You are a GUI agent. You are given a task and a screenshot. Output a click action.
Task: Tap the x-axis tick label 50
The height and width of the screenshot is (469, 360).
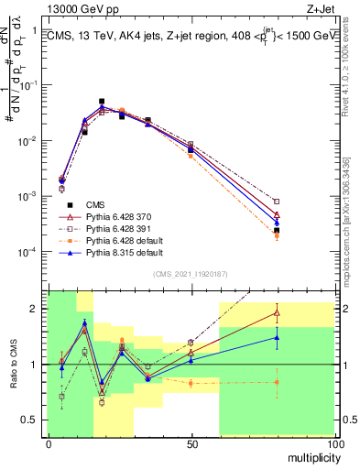coord(191,443)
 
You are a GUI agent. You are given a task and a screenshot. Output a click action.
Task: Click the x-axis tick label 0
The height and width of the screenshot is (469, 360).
coord(49,443)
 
